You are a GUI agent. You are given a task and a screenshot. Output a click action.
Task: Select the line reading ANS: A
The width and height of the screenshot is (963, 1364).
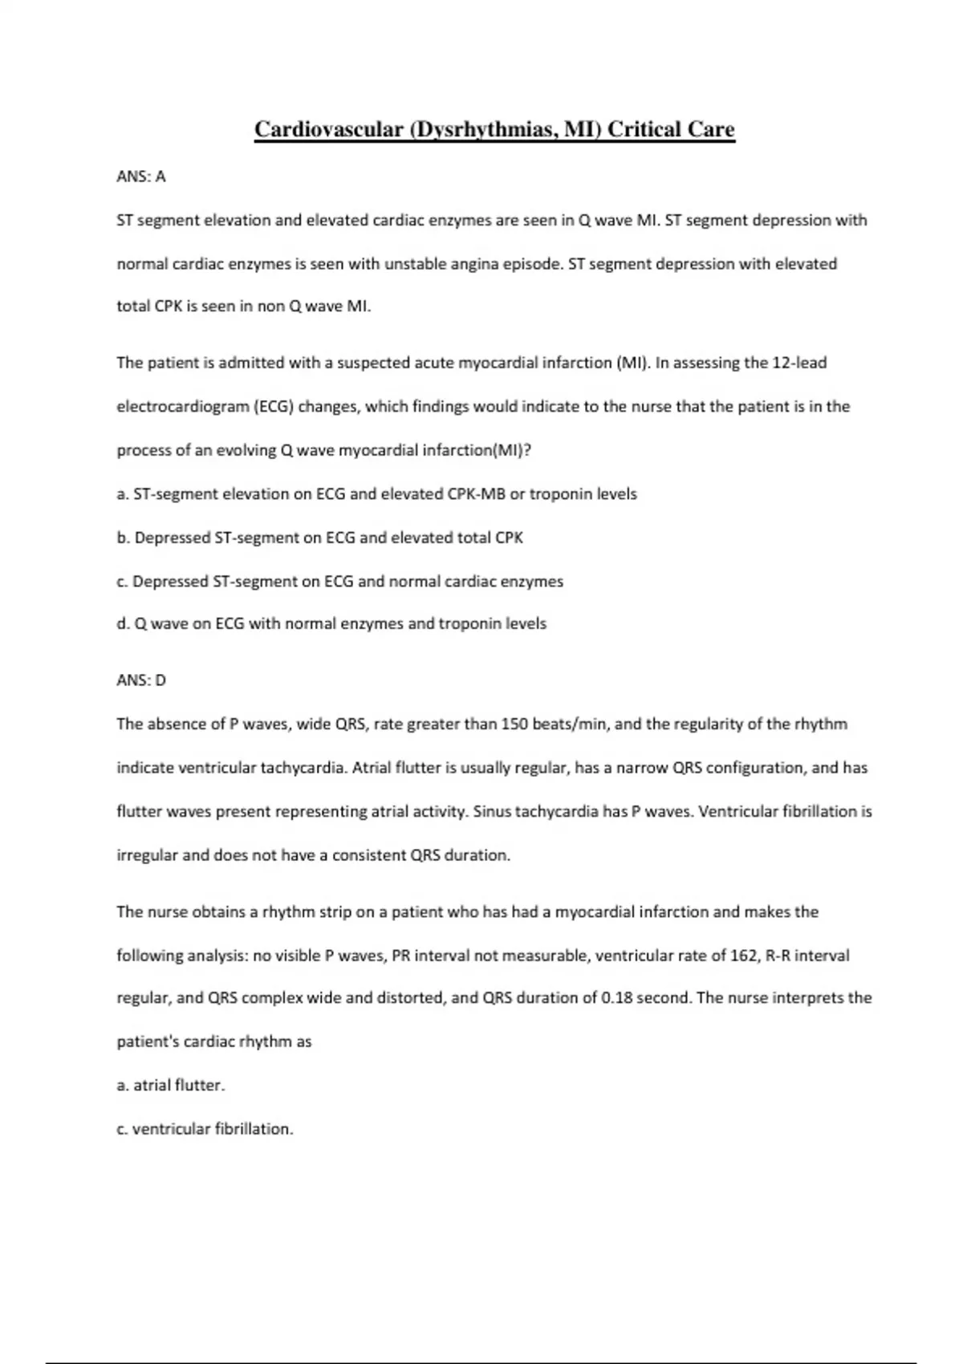[141, 177]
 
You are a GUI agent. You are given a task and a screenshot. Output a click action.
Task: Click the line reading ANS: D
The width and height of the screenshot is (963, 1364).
[141, 680]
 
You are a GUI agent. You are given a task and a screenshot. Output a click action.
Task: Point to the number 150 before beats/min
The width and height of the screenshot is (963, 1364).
[514, 725]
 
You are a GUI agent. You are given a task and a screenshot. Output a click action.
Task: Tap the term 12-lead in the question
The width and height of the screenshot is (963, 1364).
[798, 363]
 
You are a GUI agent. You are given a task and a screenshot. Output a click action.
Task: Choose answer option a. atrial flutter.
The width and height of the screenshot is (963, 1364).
[171, 1086]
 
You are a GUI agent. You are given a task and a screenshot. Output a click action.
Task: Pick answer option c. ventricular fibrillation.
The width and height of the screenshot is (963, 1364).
[205, 1129]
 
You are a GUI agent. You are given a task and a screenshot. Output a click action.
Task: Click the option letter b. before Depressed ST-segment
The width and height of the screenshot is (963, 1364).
[124, 538]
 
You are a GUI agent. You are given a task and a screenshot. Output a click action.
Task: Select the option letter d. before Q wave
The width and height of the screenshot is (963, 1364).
[124, 623]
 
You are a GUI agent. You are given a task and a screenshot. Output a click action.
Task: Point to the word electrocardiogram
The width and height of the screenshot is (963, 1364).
[183, 407]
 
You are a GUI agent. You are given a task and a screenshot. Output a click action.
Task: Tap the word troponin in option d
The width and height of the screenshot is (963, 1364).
[469, 623]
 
